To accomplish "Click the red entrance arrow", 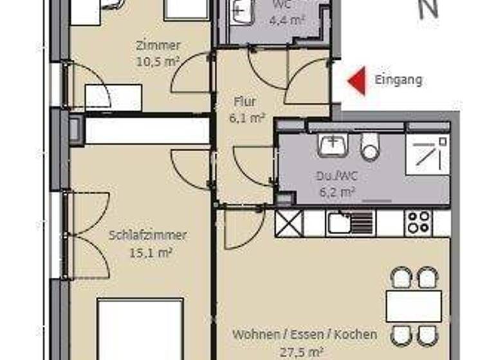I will coord(357,81).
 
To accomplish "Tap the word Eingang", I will coord(399,80).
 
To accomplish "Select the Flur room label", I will coord(246,102).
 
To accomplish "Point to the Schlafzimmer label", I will coord(148,235).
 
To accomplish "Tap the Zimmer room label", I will coord(158,46).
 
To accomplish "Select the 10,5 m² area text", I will coord(158,62).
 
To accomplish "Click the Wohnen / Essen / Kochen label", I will coord(305,335).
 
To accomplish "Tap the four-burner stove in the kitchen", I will coord(419,222).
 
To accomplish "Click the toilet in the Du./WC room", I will coord(370,147).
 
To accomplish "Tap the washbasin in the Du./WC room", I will coord(333,146).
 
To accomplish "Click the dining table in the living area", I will coord(414,307).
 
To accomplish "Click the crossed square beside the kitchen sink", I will coord(289,223).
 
